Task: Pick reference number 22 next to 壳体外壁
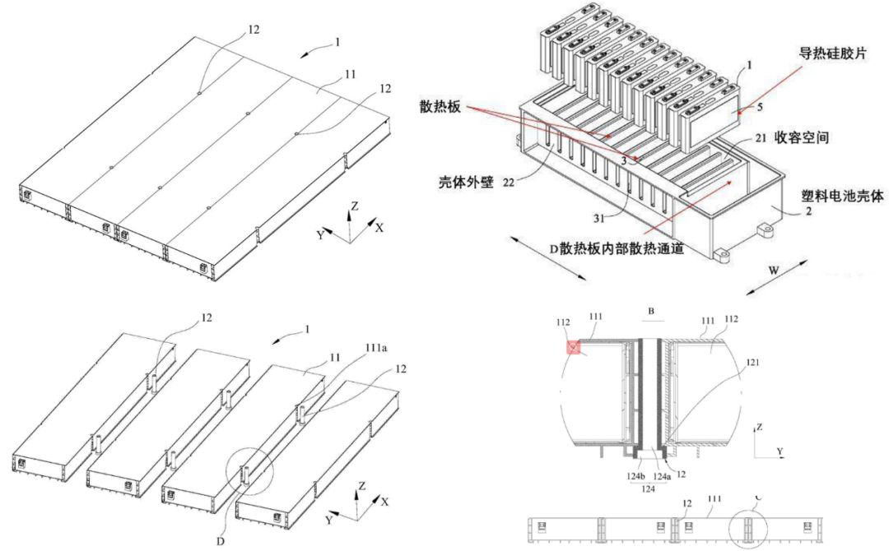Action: tap(510, 183)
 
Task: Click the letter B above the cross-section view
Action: tap(650, 313)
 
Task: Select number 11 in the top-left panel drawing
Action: tap(350, 74)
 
